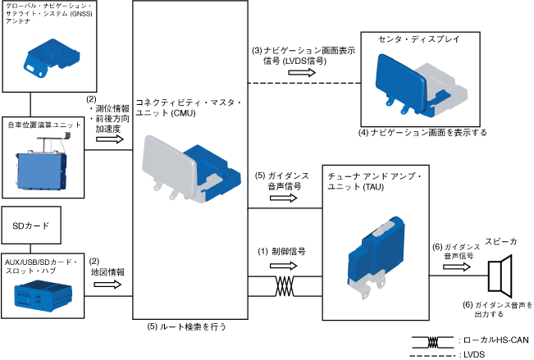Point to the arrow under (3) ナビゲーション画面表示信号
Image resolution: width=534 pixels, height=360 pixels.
[x=304, y=72]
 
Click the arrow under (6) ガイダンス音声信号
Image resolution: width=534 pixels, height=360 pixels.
[x=449, y=263]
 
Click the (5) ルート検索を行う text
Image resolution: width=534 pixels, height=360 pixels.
[x=187, y=326]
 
